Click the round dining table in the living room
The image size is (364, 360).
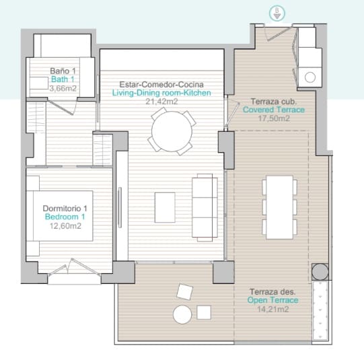(x=172, y=131)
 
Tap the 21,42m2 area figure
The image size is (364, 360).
(x=161, y=102)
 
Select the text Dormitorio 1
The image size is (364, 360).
(x=65, y=208)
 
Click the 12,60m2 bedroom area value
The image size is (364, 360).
(x=65, y=226)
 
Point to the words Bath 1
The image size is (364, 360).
(x=63, y=79)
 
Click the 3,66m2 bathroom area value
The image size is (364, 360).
(x=63, y=88)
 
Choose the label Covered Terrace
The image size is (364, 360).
(x=274, y=110)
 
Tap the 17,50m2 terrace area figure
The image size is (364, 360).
(x=274, y=118)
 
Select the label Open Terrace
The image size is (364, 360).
(x=272, y=300)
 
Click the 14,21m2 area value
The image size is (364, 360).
(x=273, y=309)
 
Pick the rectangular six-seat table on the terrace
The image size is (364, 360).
(x=279, y=207)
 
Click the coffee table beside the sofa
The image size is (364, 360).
(x=165, y=207)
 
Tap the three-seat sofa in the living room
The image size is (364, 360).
(x=205, y=207)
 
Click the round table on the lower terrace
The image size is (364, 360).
(x=182, y=314)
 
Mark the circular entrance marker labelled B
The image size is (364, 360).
(x=277, y=13)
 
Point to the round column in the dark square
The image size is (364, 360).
(x=320, y=272)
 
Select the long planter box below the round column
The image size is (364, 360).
(x=320, y=311)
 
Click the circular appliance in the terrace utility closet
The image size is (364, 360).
(x=310, y=77)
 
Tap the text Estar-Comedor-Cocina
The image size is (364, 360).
(x=161, y=84)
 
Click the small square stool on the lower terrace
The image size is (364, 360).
(x=204, y=312)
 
